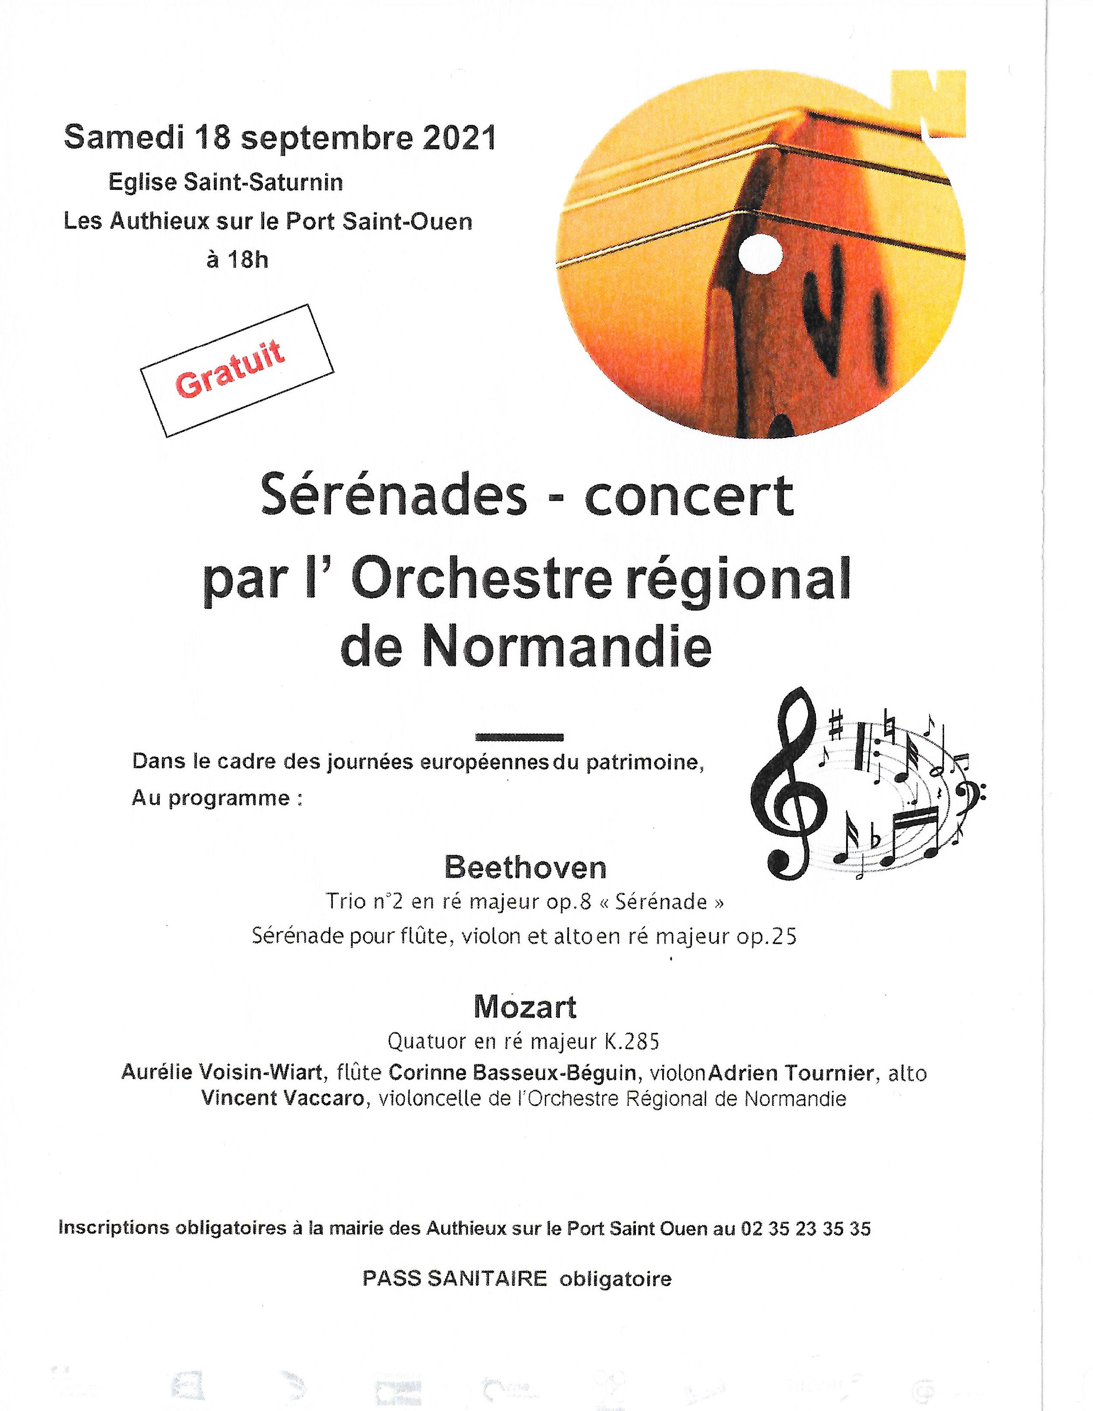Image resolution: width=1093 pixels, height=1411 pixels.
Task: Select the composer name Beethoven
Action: point(525,868)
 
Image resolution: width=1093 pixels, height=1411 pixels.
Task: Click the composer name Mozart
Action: point(525,1007)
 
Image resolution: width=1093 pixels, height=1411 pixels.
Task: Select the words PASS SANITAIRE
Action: point(455,1279)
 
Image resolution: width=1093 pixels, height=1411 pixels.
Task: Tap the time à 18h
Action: point(237,260)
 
